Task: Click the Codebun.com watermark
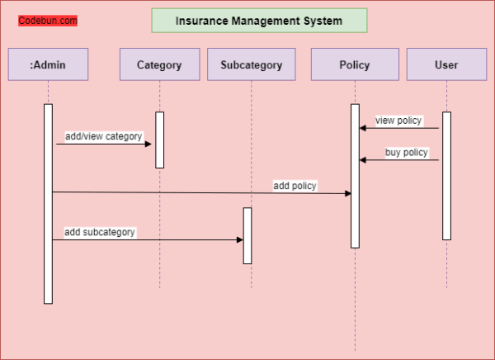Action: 48,21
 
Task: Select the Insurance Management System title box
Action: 259,21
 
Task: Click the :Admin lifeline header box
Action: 48,64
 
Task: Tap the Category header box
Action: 159,64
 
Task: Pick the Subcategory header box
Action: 251,64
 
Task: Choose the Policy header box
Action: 354,64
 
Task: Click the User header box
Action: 445,64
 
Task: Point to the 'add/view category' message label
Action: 103,136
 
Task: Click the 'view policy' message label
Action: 398,121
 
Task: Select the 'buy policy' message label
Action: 406,153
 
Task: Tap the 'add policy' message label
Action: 295,186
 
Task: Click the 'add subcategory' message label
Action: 100,232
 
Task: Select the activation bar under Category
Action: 160,140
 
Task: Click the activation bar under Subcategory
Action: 247,235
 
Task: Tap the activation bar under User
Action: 446,175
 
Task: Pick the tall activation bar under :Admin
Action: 48,203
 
